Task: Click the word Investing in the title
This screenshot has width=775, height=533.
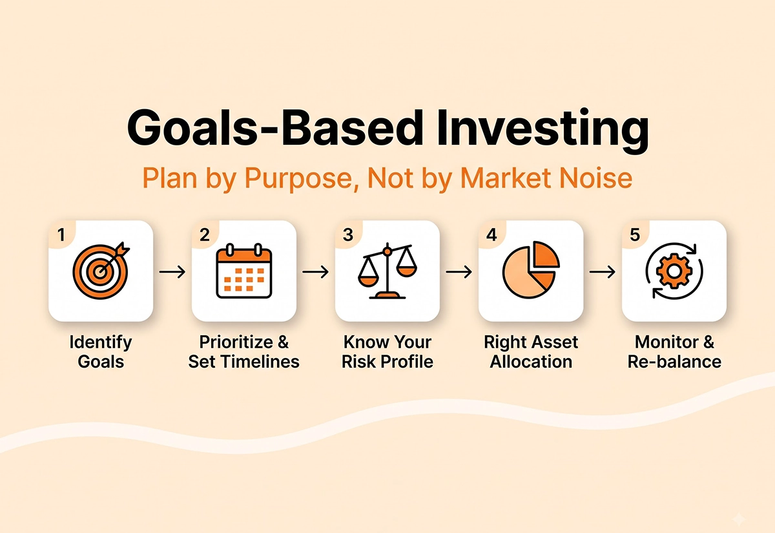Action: (542, 129)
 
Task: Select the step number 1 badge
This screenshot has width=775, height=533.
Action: (61, 235)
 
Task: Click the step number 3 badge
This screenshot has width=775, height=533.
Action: (348, 235)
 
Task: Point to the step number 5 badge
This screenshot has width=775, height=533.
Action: (635, 235)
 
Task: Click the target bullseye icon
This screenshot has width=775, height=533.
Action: (101, 270)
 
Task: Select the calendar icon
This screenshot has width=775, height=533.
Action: (244, 270)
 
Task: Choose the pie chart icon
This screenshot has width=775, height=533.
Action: (531, 269)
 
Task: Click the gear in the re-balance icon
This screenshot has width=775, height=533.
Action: (674, 271)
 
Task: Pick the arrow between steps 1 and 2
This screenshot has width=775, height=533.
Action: (172, 272)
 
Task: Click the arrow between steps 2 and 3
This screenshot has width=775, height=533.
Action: (316, 272)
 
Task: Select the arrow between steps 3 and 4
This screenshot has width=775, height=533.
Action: (459, 272)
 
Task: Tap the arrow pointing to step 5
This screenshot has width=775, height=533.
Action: (603, 272)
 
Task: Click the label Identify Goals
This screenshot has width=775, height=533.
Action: (101, 352)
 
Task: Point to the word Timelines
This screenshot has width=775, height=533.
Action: (260, 362)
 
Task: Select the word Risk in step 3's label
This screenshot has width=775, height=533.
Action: (358, 362)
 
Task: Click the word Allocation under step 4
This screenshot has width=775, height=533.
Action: (531, 362)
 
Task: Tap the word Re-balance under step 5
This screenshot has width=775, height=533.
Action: (674, 362)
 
